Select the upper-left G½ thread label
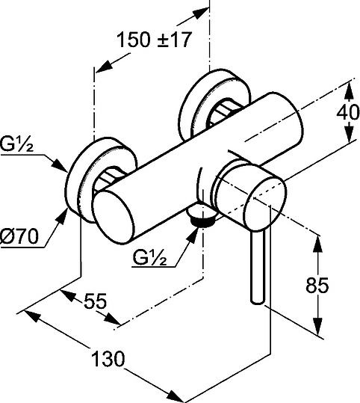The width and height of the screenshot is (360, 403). [x=16, y=144]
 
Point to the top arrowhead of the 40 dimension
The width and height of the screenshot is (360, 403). [x=347, y=90]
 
